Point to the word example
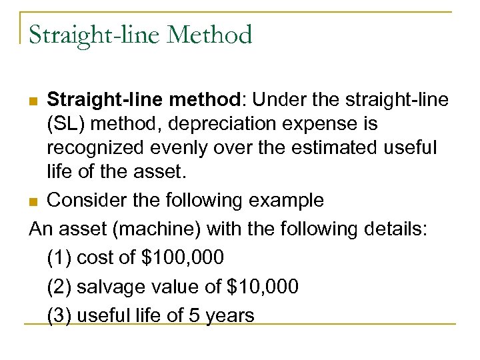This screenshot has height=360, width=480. tap(283, 200)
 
